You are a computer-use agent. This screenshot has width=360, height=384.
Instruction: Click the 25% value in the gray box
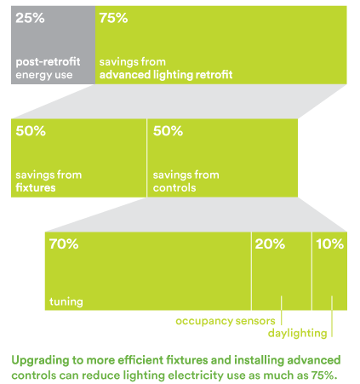(30, 18)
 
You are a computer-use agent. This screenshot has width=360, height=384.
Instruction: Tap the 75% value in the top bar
(113, 18)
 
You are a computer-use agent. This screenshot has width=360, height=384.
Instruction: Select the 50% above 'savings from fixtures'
(31, 131)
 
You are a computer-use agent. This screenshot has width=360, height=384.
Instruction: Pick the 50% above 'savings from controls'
(168, 131)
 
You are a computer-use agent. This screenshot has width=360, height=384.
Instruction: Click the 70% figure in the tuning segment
(64, 244)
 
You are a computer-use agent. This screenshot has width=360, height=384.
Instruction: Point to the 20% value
(270, 244)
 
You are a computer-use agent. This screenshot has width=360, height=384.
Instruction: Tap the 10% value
(329, 244)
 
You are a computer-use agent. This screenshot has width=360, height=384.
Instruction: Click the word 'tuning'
(66, 301)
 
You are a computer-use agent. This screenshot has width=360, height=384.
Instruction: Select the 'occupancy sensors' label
(226, 321)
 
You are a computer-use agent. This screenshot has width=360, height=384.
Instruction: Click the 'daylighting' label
(297, 333)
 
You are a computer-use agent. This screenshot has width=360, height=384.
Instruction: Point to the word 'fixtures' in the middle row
(36, 187)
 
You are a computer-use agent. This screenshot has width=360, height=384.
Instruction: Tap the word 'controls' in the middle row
(174, 187)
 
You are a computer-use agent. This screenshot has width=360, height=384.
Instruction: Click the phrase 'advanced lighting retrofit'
(166, 75)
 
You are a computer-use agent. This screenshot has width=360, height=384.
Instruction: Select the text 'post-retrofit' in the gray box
(48, 62)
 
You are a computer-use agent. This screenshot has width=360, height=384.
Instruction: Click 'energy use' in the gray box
(44, 75)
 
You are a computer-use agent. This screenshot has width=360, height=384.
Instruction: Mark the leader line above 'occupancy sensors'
(282, 311)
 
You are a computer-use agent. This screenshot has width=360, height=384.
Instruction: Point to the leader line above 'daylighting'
(332, 317)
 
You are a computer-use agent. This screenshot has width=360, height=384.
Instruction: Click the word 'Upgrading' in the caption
(40, 361)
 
